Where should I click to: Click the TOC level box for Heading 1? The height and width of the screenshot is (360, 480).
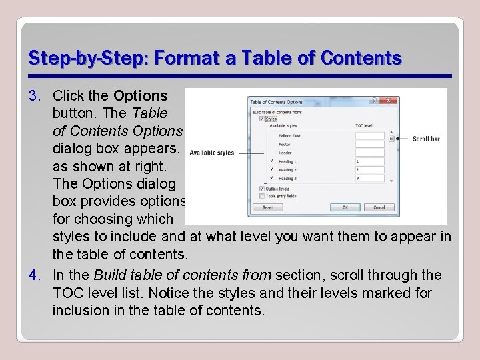pos(369,161)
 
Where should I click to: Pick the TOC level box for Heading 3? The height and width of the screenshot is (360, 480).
pos(369,179)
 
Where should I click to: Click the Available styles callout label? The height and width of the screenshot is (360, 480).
pos(211,153)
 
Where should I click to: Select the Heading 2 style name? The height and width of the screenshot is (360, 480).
pos(287,170)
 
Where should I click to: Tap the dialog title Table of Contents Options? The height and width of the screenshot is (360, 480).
pos(276,102)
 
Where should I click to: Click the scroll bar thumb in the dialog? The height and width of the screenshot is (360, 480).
pos(392,139)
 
